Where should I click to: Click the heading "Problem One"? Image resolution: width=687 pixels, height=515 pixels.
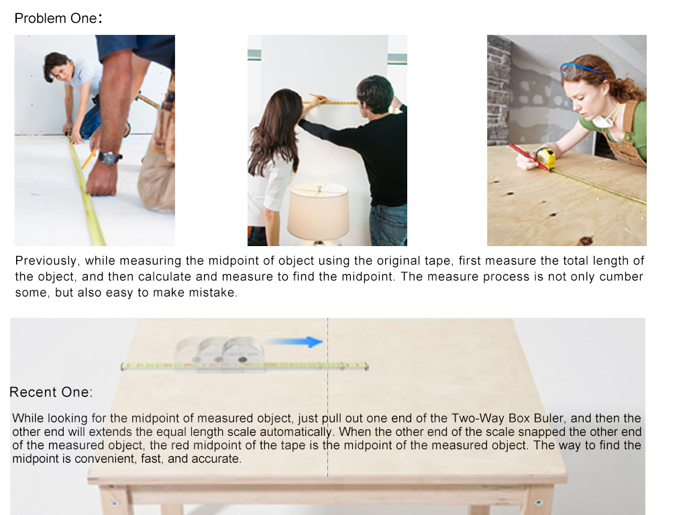click(x=58, y=18)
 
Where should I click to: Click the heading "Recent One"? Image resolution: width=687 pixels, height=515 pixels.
click(x=51, y=392)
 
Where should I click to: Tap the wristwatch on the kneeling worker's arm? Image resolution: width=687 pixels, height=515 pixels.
click(x=109, y=158)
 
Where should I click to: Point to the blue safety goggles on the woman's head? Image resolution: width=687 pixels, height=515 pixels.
click(x=581, y=68)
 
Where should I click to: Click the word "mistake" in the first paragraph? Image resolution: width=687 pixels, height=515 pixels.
click(x=217, y=293)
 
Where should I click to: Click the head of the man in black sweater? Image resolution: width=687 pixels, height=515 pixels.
click(x=374, y=94)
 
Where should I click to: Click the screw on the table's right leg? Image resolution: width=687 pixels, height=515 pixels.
click(x=538, y=502)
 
